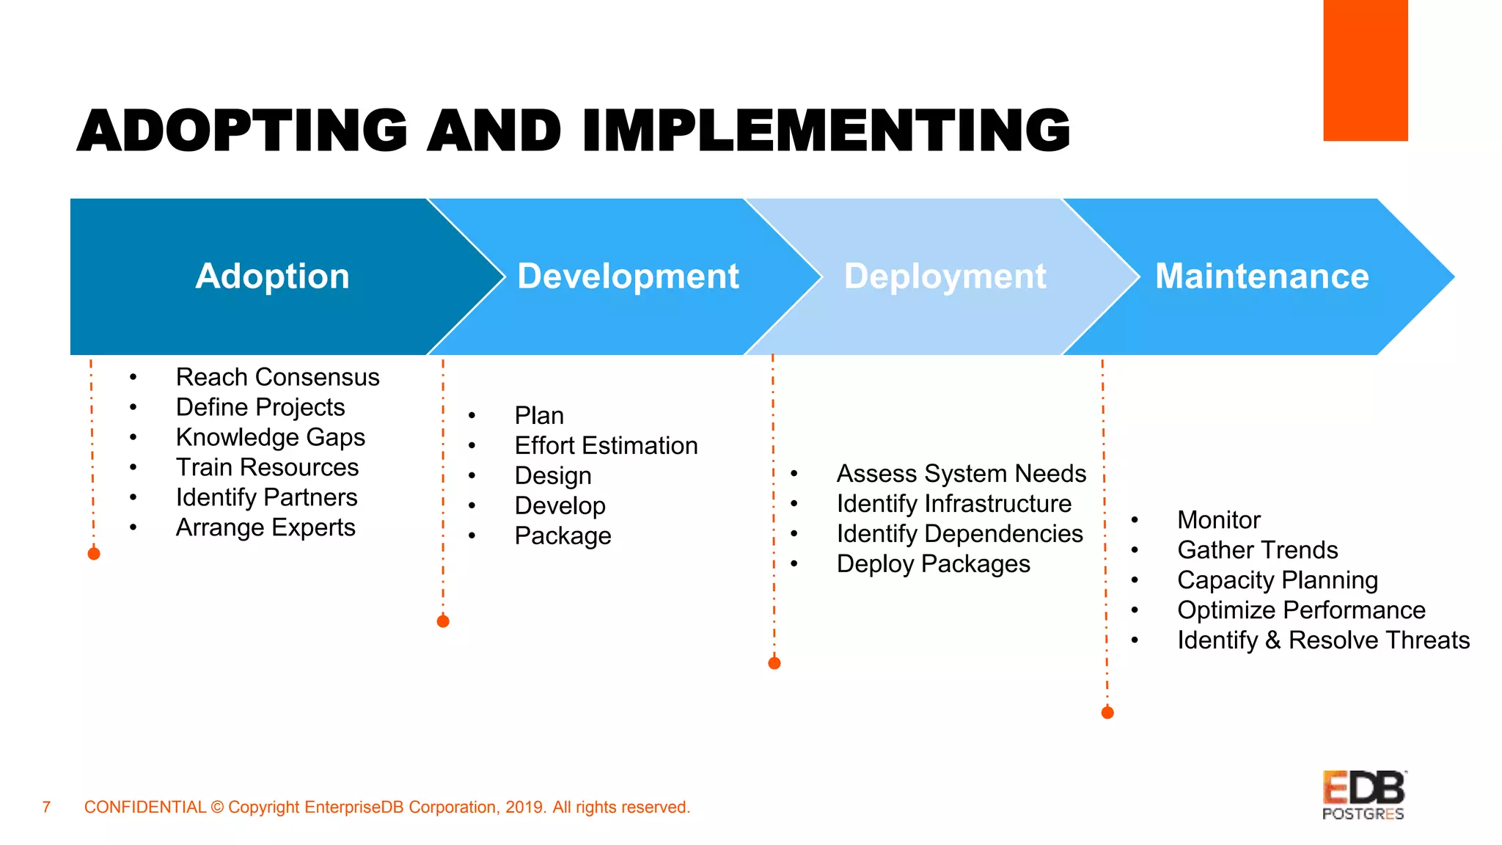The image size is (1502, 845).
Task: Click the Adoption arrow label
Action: (272, 277)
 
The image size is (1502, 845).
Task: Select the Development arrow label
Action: (628, 277)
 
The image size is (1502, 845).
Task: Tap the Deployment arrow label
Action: (945, 277)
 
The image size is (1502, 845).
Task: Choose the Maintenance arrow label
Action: (1261, 277)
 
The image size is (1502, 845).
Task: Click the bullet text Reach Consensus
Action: (277, 377)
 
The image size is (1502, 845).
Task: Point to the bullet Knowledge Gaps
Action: (270, 437)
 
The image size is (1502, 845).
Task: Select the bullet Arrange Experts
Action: (265, 527)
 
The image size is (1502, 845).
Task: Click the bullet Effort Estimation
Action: (606, 446)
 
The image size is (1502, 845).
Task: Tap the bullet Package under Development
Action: (563, 536)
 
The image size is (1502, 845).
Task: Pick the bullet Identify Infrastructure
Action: (953, 504)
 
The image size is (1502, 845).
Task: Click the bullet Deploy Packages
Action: (933, 564)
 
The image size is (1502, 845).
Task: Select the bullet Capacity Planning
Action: (1277, 580)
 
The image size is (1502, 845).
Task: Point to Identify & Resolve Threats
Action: (1323, 640)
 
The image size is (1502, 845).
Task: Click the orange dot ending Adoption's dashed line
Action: (94, 554)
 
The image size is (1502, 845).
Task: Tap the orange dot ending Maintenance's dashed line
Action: (1107, 712)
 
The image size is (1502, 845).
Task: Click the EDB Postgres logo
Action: (1363, 795)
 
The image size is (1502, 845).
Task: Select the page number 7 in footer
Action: (46, 807)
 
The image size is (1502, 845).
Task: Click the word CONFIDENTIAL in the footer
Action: (145, 807)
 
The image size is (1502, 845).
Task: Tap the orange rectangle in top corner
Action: (1365, 70)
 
